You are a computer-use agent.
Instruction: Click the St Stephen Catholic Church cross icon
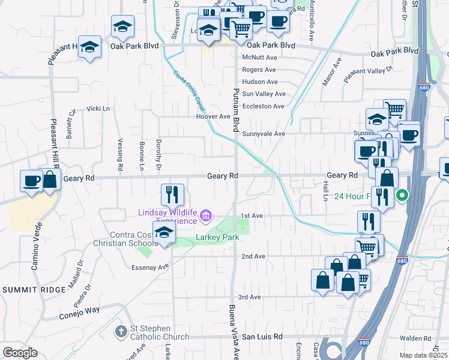coord(122,331)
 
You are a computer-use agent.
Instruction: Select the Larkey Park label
coord(217,238)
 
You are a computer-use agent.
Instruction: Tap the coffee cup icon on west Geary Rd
coord(31,179)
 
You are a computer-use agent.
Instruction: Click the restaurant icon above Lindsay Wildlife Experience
coord(172,194)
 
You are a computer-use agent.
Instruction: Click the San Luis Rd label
coord(262,337)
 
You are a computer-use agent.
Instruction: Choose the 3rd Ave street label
coord(250,297)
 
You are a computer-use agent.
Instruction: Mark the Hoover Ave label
coord(213,116)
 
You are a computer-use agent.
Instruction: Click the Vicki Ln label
coord(98,109)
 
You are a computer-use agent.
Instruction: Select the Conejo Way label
coord(79,313)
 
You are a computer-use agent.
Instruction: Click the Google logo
coord(20,353)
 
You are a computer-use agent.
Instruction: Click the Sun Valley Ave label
coord(264,94)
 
